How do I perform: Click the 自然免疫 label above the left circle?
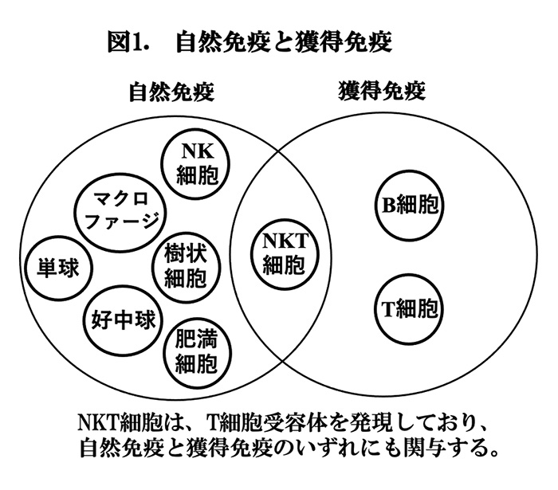tap(171, 92)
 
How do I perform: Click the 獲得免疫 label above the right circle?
tap(382, 91)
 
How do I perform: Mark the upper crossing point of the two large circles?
tap(279, 151)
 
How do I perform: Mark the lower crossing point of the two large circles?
tap(283, 361)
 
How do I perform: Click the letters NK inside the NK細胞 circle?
tap(198, 151)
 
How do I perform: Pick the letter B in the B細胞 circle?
tap(389, 206)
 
